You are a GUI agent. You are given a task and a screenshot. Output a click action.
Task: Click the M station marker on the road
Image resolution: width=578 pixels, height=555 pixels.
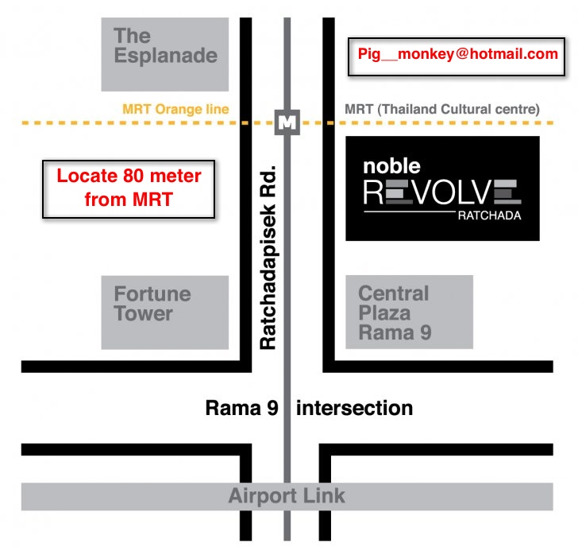point(287,122)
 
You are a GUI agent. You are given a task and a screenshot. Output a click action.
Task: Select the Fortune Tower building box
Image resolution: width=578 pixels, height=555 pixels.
point(165,312)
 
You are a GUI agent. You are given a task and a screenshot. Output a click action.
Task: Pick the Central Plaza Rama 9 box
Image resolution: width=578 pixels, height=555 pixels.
point(409,312)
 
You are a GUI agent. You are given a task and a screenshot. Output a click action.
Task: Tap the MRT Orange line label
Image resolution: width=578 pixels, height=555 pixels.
point(175,109)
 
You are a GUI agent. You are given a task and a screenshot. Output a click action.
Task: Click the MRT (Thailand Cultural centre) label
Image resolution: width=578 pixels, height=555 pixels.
point(442,109)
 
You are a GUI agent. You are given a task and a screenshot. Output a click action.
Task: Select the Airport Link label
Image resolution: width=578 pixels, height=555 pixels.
point(287,496)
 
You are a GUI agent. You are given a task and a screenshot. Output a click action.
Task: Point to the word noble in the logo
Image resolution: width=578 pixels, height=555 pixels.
point(391,166)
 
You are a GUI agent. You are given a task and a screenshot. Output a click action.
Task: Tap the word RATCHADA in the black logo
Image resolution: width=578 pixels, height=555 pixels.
point(490,215)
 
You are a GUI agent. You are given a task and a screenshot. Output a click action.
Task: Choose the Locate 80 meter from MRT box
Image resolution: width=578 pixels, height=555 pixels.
point(129,188)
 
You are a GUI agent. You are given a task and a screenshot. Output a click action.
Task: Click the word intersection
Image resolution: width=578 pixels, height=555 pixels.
point(355,409)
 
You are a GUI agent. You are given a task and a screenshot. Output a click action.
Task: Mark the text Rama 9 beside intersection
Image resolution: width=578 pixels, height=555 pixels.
point(241,409)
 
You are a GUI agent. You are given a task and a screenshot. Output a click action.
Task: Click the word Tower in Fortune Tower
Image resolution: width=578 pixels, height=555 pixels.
point(143,313)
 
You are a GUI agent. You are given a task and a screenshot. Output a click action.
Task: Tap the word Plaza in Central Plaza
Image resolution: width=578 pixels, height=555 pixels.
point(383,313)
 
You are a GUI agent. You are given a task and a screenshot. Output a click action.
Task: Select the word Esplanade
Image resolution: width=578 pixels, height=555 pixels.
point(165,56)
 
